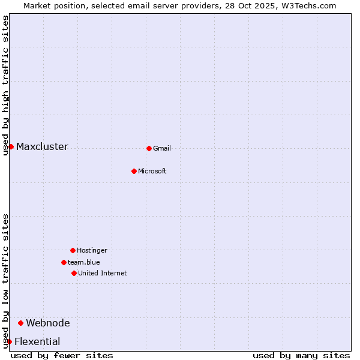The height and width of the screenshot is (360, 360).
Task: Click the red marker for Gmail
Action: point(149,148)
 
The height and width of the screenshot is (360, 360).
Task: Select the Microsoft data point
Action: point(134,171)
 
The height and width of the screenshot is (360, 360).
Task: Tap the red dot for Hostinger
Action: point(73,250)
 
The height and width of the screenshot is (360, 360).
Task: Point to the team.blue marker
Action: point(64,262)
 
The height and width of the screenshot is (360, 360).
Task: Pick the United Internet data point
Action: point(74,273)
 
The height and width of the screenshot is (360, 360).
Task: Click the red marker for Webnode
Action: point(20,323)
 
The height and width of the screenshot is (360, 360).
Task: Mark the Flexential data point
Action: point(9,341)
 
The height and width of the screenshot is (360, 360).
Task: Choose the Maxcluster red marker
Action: point(11,146)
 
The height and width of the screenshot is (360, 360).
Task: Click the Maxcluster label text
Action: point(42,147)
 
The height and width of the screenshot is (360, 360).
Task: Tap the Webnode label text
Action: point(48,323)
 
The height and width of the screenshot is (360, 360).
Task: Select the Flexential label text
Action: point(37,342)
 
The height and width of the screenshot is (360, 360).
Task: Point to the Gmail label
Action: point(162,149)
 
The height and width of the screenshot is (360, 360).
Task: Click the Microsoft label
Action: point(152,172)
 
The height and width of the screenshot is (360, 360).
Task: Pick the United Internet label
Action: point(103,274)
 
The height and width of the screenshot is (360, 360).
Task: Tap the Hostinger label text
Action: point(92,251)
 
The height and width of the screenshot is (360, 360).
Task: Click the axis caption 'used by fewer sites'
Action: point(62,356)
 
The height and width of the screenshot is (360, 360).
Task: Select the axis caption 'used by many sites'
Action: point(301,356)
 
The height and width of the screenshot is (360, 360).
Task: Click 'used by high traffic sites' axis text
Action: point(6,85)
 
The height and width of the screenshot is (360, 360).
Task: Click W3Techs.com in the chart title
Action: point(306,5)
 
